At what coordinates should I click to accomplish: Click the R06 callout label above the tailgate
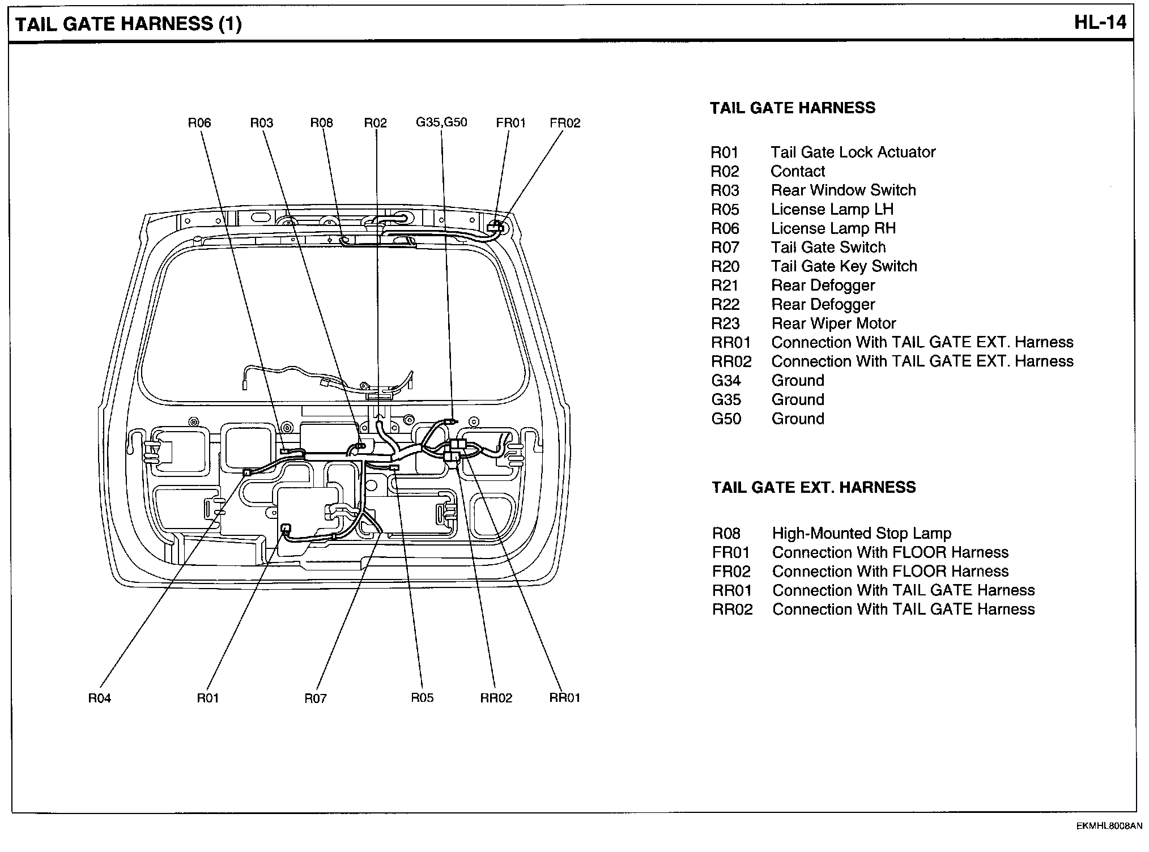[x=199, y=123]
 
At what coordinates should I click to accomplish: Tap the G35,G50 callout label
[x=441, y=122]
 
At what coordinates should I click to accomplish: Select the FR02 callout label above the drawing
[x=565, y=123]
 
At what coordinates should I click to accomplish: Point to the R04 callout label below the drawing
[x=100, y=698]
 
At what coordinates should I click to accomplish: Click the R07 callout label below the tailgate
[x=316, y=698]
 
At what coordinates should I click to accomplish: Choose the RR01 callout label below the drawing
[x=565, y=698]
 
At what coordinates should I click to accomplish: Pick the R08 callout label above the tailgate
[x=321, y=123]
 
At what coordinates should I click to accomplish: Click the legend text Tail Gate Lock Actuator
[x=853, y=152]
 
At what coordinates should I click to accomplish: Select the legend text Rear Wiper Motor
[x=833, y=323]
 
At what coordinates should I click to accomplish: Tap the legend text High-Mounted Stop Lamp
[x=861, y=534]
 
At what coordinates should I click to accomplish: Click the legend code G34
[x=726, y=381]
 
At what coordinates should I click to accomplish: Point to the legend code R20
[x=725, y=266]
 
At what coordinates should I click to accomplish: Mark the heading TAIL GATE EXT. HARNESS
[x=814, y=488]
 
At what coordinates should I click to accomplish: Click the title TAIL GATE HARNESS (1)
[x=129, y=24]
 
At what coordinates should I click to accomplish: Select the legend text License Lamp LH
[x=832, y=210]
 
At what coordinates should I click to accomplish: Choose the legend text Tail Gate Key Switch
[x=844, y=266]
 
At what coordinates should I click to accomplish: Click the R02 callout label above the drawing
[x=375, y=123]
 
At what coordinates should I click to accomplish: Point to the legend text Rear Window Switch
[x=843, y=190]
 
